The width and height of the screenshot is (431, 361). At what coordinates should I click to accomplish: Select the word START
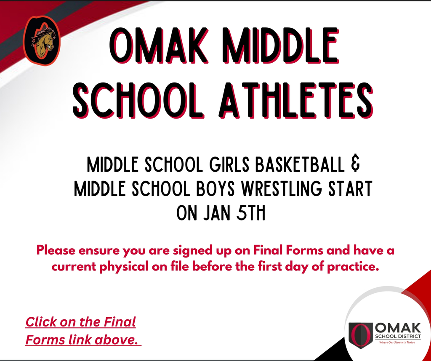[x=349, y=189]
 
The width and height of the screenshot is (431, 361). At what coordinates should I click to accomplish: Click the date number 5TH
[x=251, y=213]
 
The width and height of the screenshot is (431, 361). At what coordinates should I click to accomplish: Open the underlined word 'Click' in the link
[x=41, y=322]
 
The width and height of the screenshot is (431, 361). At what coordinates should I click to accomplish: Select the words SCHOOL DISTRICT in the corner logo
[x=398, y=337]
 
